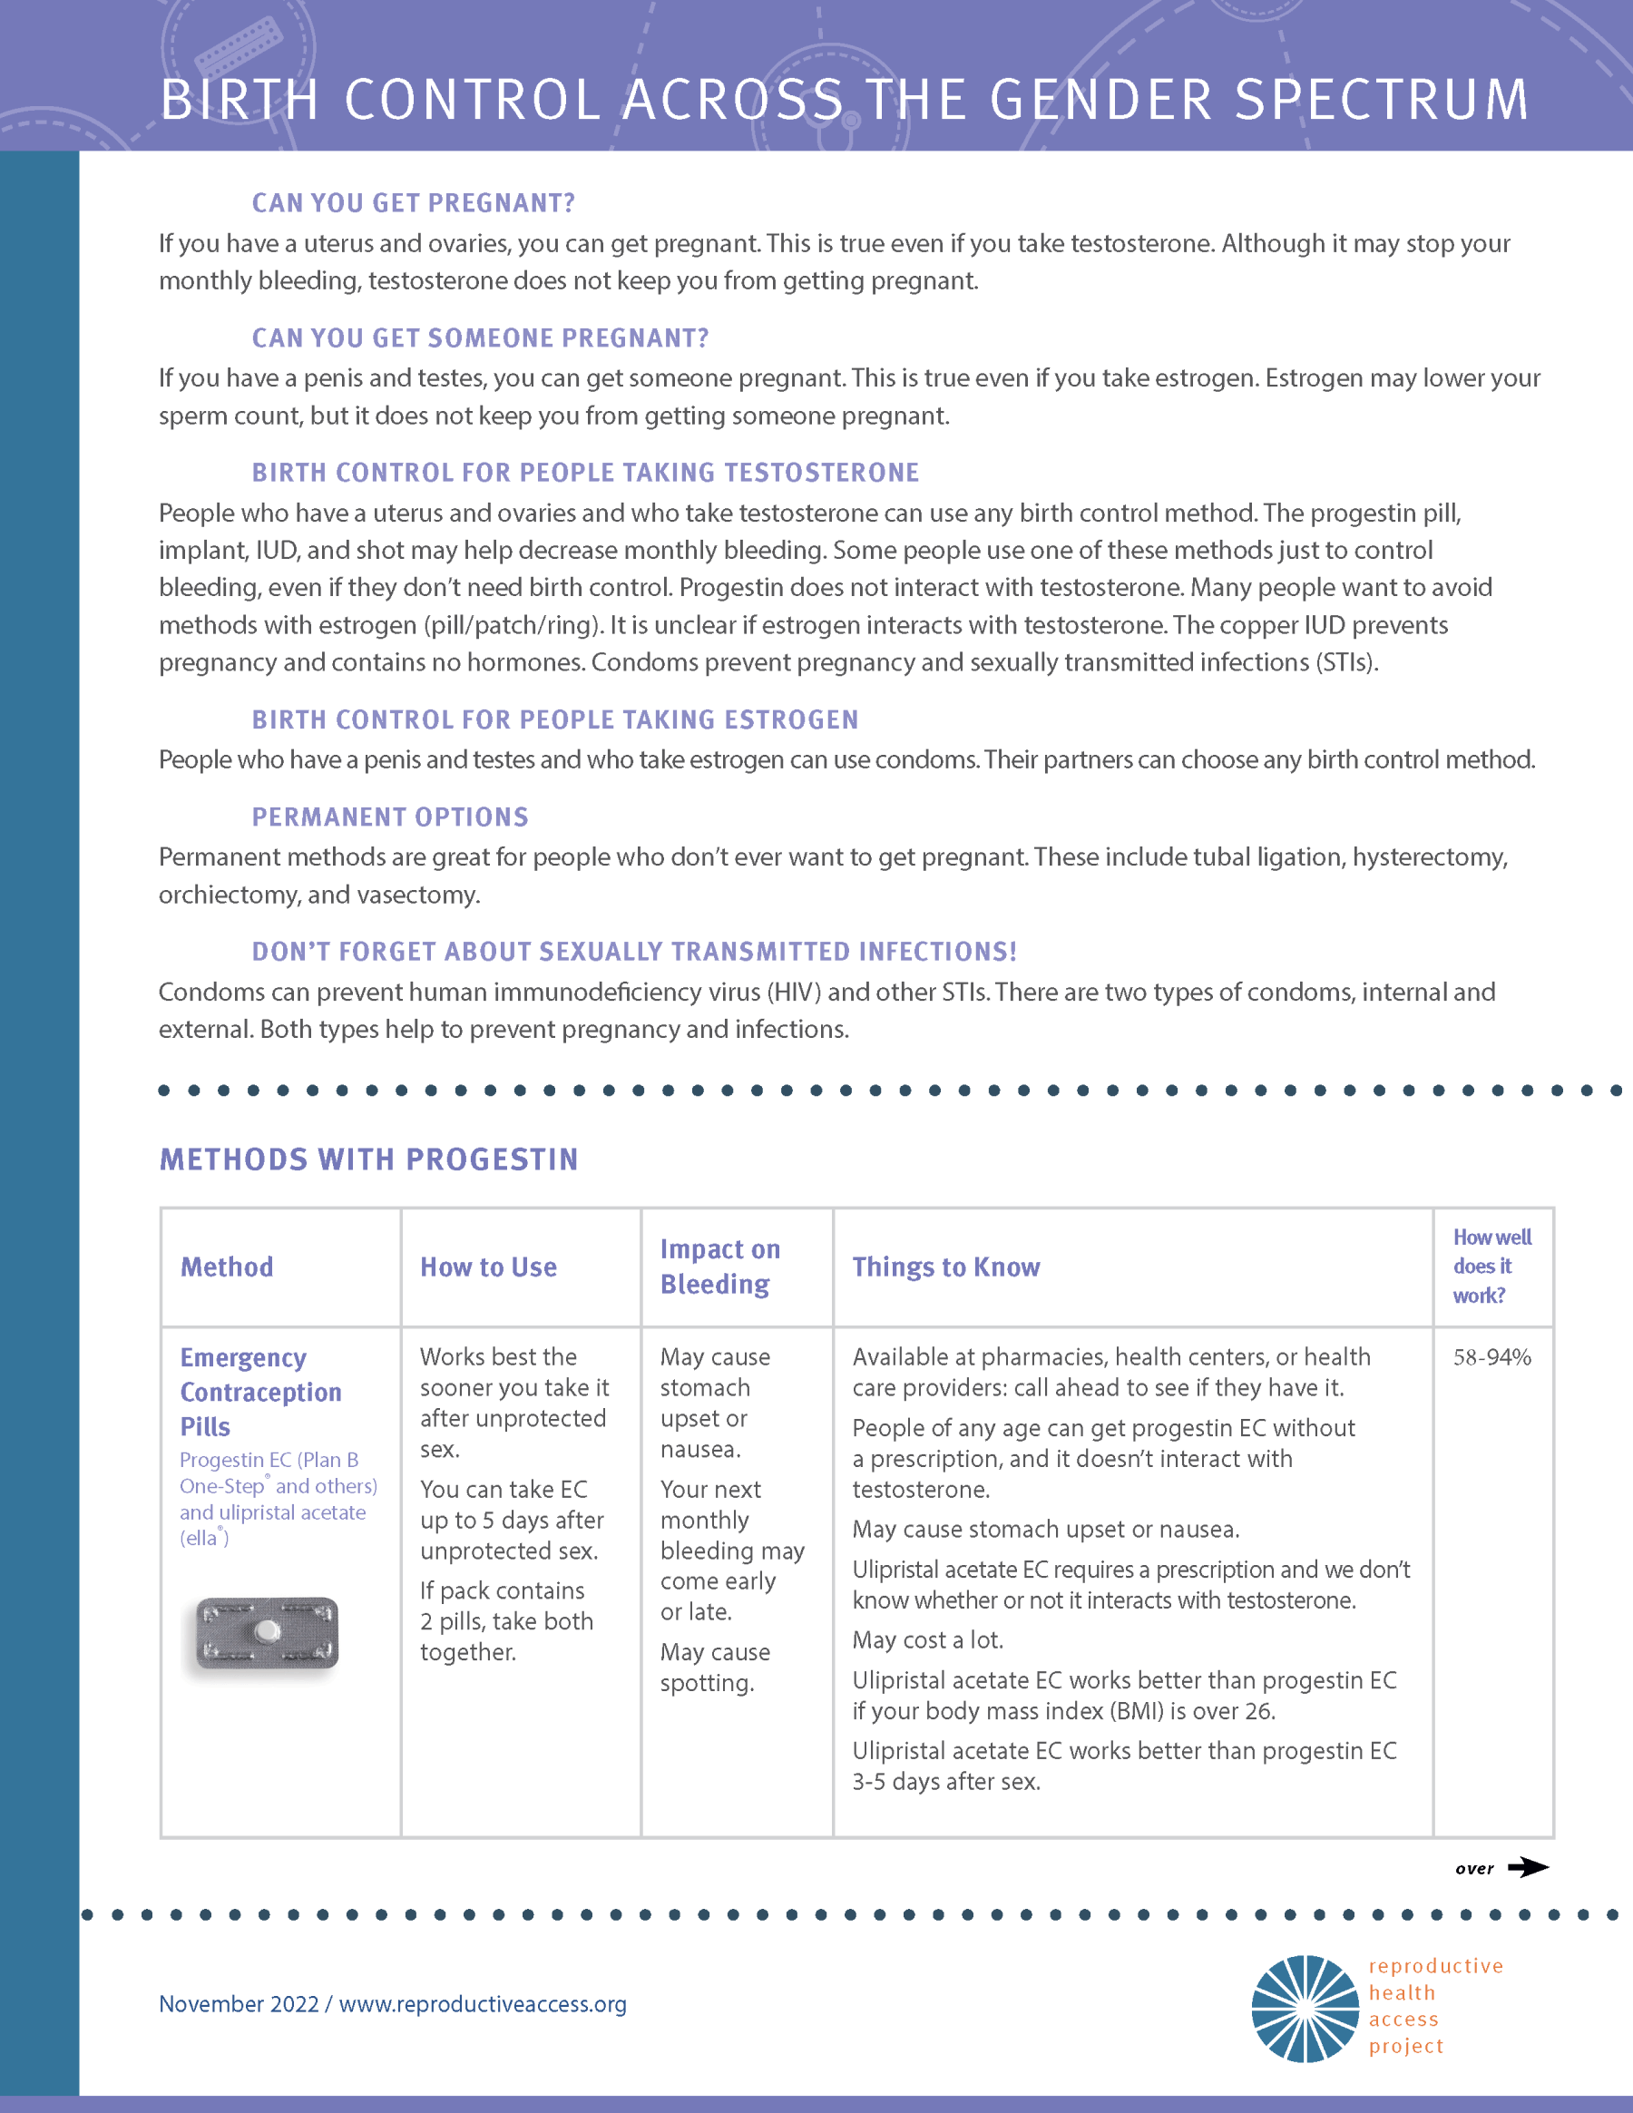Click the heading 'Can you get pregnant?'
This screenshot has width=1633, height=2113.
pyautogui.click(x=413, y=203)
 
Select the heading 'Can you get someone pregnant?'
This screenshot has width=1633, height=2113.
pyautogui.click(x=480, y=337)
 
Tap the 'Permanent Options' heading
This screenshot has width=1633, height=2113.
pyautogui.click(x=390, y=817)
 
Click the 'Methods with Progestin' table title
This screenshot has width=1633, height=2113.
pyautogui.click(x=368, y=1159)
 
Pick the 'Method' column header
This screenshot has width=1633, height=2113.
pyautogui.click(x=227, y=1267)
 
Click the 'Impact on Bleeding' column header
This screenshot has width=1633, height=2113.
pyautogui.click(x=719, y=1267)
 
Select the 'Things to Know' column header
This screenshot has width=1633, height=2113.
pyautogui.click(x=945, y=1267)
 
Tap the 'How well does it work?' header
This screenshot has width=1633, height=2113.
pyautogui.click(x=1491, y=1266)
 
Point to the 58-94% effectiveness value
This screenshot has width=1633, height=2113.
pyautogui.click(x=1491, y=1357)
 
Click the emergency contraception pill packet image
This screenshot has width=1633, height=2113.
pyautogui.click(x=267, y=1634)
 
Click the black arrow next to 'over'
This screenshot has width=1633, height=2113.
pyautogui.click(x=1528, y=1867)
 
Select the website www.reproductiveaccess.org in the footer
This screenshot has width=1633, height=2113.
pyautogui.click(x=482, y=2003)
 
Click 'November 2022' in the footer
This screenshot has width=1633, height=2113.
pyautogui.click(x=238, y=2003)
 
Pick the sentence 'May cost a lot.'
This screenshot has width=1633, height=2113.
pyautogui.click(x=927, y=1640)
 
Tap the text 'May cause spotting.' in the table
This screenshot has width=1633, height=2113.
pyautogui.click(x=714, y=1667)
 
